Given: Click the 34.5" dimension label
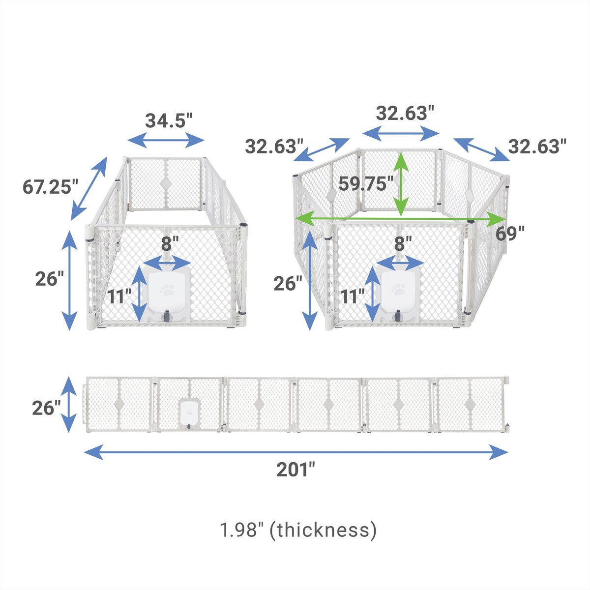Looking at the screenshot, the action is pos(169,120).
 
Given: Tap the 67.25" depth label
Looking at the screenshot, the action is pos(51,186).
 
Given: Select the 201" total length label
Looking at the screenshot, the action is pos(295,470).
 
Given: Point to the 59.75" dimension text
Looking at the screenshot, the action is pos(366,183).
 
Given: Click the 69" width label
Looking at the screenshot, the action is pos(510,234).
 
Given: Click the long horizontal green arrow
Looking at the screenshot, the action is pos(399,219).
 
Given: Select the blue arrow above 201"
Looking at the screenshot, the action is pos(296,452).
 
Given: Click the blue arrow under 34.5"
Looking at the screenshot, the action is pos(166,141).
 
